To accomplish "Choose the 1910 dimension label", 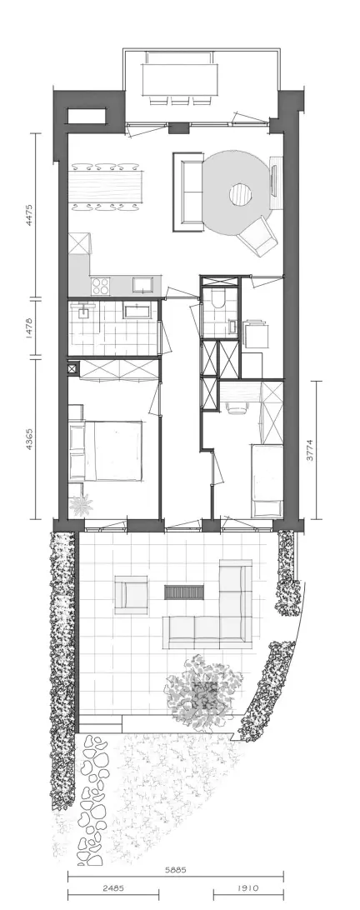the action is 247,888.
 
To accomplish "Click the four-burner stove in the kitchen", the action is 101,286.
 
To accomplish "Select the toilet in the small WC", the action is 219,299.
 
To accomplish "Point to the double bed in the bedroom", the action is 106,451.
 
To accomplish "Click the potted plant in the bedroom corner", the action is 81,505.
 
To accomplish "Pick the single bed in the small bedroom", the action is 267,481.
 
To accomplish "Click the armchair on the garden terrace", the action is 131,594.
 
